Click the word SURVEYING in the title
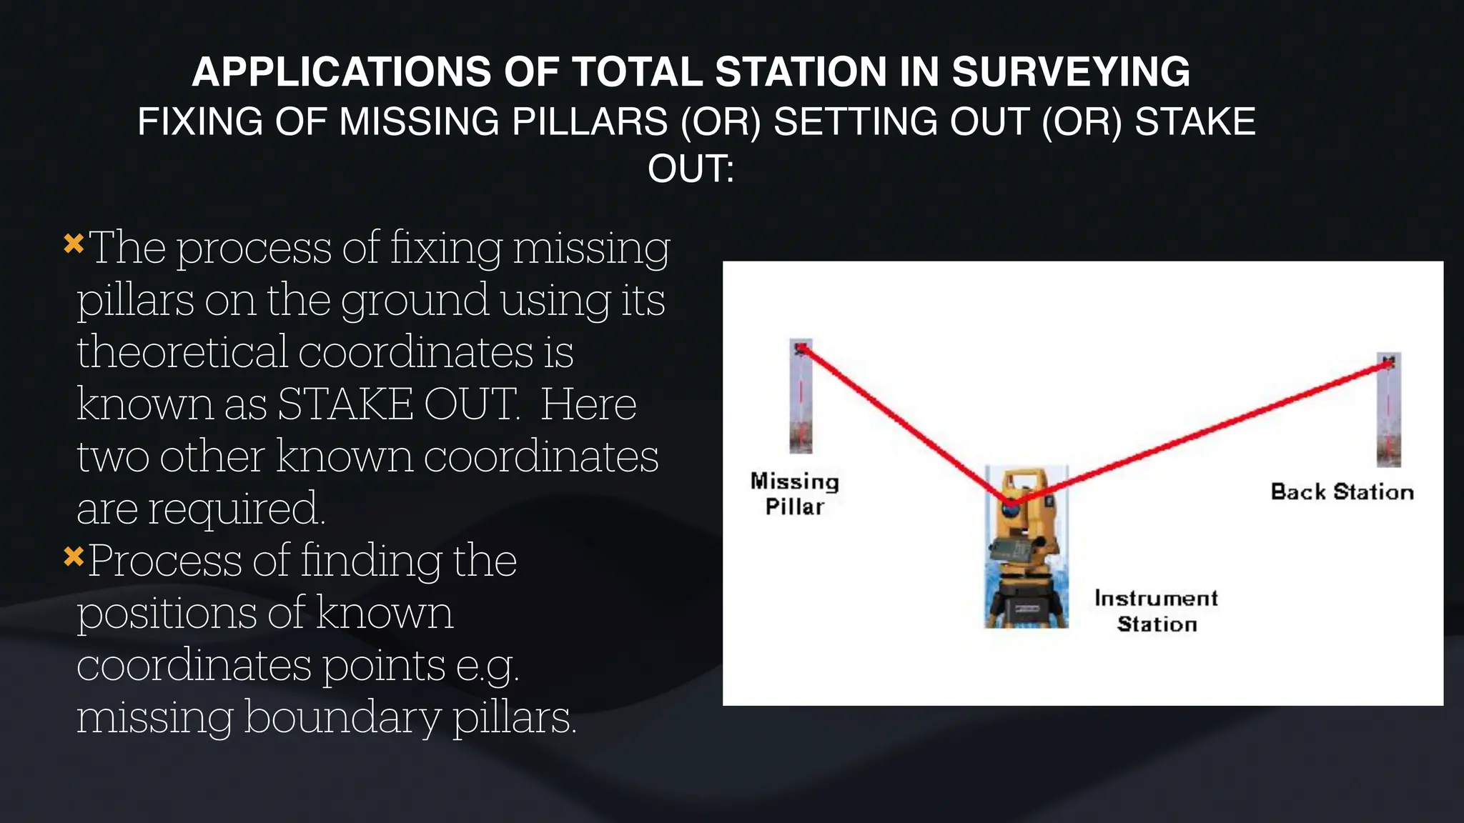click(1071, 72)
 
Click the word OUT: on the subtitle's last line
click(691, 169)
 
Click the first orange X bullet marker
click(74, 244)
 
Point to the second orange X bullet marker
click(74, 556)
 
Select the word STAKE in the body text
click(345, 404)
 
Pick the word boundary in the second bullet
click(342, 717)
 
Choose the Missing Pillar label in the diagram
click(794, 494)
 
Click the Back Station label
click(1342, 492)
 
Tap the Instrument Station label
click(1156, 611)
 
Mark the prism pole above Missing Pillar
click(801, 396)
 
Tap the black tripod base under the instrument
click(1026, 604)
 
